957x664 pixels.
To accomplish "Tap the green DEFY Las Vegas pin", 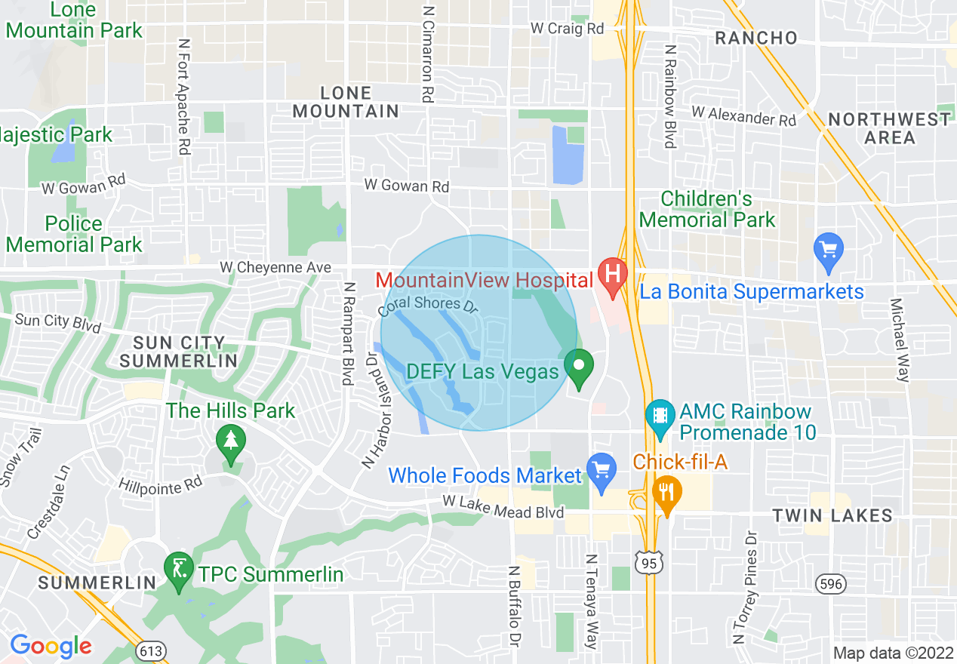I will (x=579, y=367).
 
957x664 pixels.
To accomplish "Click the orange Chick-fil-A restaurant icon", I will (x=666, y=491).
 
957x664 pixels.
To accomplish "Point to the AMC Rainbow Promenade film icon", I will (x=660, y=416).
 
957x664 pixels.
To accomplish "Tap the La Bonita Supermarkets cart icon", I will (x=828, y=250).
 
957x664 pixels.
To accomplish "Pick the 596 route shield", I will (x=831, y=583).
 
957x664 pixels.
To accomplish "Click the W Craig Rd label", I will (x=568, y=29).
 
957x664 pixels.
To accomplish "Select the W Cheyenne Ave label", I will (x=275, y=268).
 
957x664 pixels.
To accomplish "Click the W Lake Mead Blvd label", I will (x=503, y=506).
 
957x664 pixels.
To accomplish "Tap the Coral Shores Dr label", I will (x=429, y=303).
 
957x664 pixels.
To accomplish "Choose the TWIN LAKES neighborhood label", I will (x=832, y=516).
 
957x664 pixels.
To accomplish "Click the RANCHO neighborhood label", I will (x=755, y=38).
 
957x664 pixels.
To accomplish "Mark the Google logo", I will (x=50, y=646).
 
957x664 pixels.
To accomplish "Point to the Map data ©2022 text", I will (x=893, y=653).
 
